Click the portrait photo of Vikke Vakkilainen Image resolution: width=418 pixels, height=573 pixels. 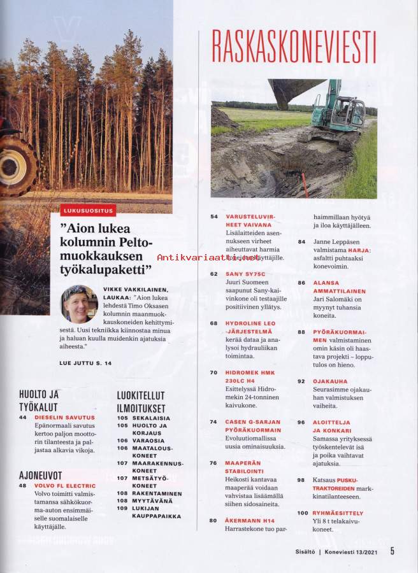[x=78, y=304]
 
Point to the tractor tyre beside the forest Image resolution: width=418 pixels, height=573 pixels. [x=18, y=164]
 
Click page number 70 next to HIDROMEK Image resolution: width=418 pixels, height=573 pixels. [x=214, y=372]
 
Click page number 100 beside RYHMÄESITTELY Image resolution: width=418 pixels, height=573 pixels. [x=303, y=513]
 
